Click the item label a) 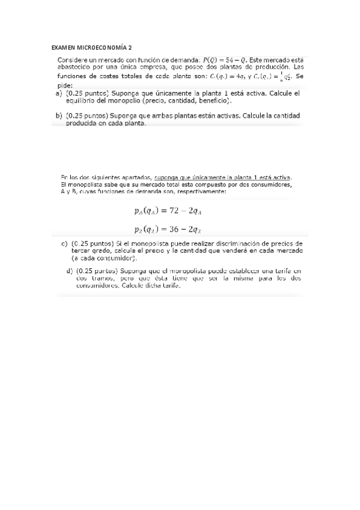point(59,94)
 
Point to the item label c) point(64,243)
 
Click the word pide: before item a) point(65,86)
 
